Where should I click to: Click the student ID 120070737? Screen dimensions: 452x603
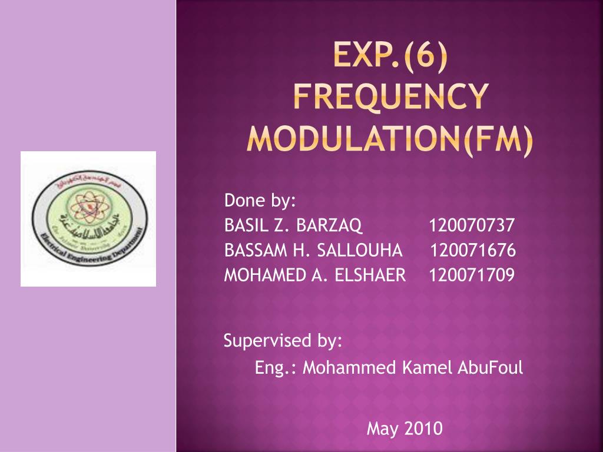472,225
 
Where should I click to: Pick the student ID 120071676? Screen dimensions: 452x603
472,250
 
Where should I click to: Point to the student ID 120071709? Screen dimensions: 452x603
472,275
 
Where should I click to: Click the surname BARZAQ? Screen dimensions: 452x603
330,225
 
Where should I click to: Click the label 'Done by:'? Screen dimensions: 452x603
260,201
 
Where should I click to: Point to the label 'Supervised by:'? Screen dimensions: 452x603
283,341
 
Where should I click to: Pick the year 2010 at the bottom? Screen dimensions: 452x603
423,428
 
